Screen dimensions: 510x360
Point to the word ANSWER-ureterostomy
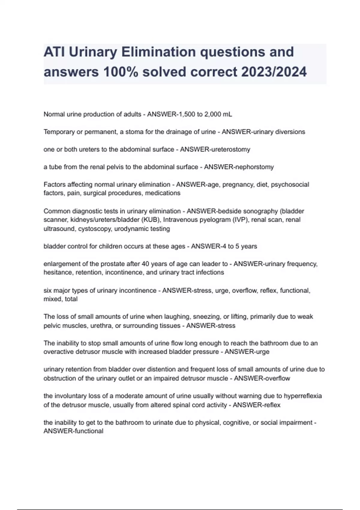point(215,149)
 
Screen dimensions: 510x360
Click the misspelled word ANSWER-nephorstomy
point(239,167)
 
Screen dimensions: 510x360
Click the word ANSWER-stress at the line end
point(211,325)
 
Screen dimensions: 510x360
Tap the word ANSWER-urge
point(247,352)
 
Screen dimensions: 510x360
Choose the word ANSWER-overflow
point(262,378)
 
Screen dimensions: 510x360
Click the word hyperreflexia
point(303,396)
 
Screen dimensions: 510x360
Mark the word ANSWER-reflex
point(256,405)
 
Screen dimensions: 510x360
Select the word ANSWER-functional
point(73,431)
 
